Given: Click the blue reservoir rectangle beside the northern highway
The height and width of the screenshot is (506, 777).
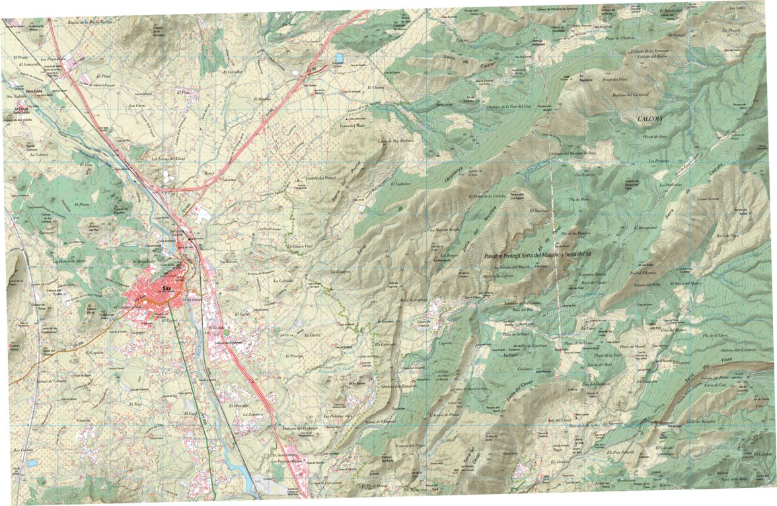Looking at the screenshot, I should (338, 58).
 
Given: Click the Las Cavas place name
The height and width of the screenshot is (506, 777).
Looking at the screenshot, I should (137, 106).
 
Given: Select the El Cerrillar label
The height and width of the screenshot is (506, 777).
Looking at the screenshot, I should (233, 71).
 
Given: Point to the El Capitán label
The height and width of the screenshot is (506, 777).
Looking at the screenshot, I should (96, 354).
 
